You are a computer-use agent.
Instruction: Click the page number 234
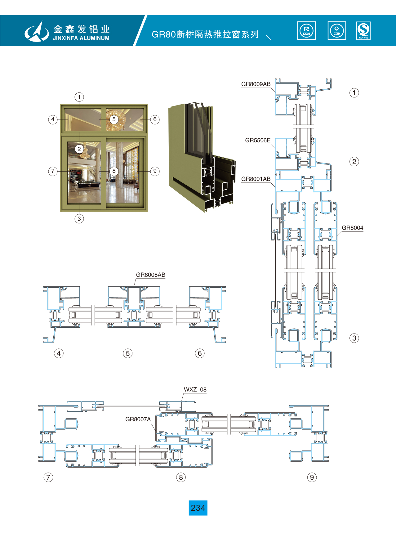(198, 508)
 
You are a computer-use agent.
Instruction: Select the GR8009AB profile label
(256, 84)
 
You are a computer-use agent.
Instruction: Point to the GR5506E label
(258, 140)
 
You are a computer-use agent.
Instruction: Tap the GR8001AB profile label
(256, 179)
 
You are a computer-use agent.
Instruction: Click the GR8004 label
(352, 228)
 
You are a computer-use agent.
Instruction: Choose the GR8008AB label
(151, 275)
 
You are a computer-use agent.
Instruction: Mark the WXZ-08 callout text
(195, 390)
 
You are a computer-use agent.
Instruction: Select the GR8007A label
(138, 419)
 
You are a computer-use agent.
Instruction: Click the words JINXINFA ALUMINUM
(81, 38)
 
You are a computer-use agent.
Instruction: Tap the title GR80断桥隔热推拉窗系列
(205, 34)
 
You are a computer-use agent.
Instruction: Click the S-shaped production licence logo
(363, 31)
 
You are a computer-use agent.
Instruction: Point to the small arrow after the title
(269, 38)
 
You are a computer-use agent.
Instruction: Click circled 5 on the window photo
(114, 119)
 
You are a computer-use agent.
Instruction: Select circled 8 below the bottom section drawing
(181, 477)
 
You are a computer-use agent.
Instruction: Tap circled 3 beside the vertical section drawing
(354, 338)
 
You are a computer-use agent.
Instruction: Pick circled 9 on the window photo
(155, 171)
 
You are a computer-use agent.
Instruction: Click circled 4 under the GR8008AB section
(59, 353)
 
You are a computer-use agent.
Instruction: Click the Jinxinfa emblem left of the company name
(37, 31)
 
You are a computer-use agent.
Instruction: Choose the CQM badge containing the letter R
(306, 31)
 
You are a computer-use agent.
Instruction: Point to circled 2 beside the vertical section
(354, 161)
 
